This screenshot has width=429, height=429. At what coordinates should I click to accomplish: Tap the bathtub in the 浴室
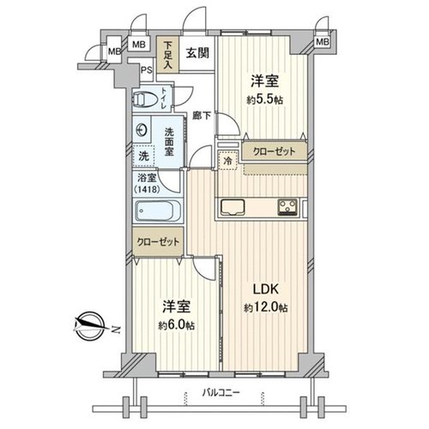coord(158,210)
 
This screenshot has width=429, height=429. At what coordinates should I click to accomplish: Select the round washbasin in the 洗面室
coord(142,130)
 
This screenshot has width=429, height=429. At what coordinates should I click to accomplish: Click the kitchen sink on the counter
coord(233,207)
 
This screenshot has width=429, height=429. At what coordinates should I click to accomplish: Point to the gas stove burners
coord(287,207)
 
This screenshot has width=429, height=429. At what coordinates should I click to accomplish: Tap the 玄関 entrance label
coord(197,53)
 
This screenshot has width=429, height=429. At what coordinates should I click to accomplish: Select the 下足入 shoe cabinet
coord(167,54)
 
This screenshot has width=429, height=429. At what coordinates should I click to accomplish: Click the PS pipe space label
coord(147,70)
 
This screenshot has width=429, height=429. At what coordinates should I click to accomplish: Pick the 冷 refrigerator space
coord(228,160)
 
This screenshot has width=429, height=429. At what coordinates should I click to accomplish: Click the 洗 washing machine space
coord(143,156)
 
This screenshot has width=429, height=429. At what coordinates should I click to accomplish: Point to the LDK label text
coord(265,289)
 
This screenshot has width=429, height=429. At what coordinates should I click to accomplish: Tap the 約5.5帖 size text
coord(265,100)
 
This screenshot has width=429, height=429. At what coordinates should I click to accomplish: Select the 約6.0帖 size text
coord(177,325)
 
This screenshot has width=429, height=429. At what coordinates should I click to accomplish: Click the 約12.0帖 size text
coord(266,307)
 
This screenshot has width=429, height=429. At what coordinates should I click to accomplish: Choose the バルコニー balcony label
coord(221,393)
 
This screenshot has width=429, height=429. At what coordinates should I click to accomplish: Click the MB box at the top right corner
coord(322,42)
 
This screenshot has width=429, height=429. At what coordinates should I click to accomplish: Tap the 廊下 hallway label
coord(202,116)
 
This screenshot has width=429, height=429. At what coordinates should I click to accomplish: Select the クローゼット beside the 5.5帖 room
coord(275,151)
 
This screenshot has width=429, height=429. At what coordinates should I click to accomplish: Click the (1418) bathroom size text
coord(147,189)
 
